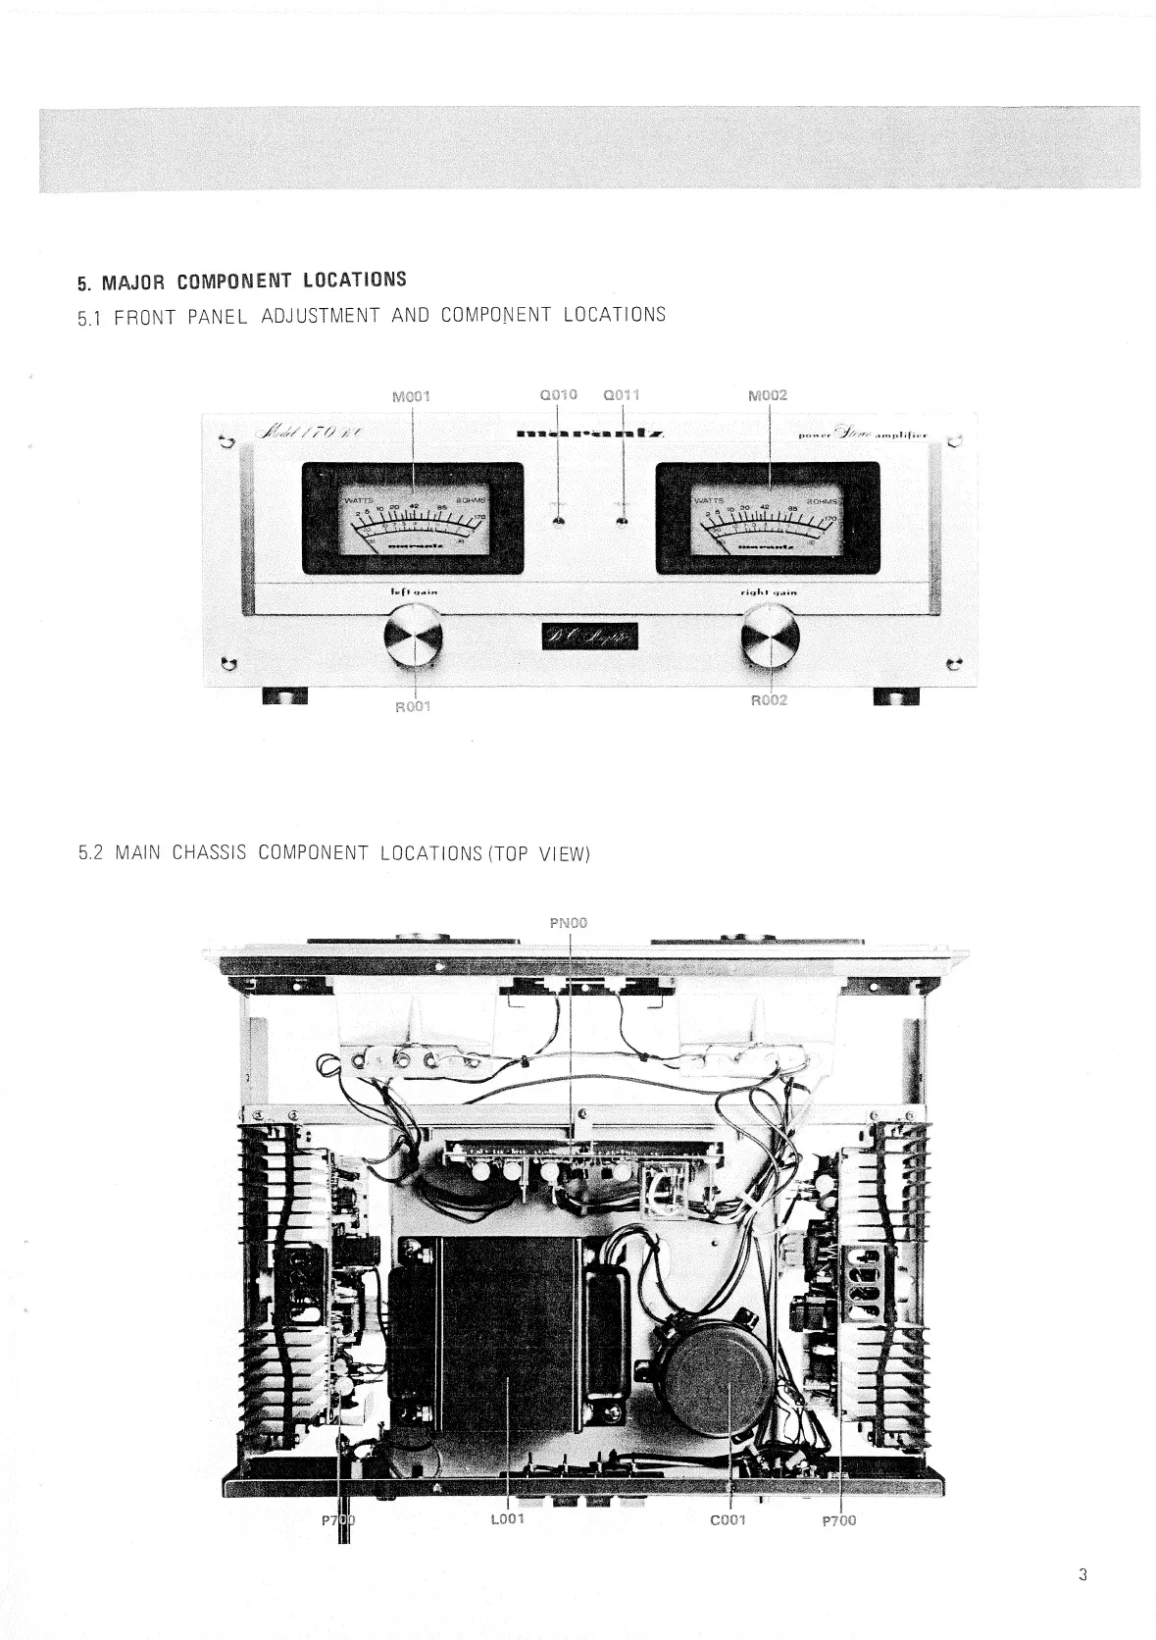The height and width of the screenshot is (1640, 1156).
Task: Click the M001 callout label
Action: pyautogui.click(x=411, y=397)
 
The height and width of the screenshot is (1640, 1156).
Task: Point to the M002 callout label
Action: pyautogui.click(x=767, y=396)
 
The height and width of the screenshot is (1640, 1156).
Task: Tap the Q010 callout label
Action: pyautogui.click(x=559, y=395)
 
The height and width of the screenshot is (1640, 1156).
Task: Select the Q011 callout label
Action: pyautogui.click(x=622, y=395)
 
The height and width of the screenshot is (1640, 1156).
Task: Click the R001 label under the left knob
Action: pyautogui.click(x=413, y=705)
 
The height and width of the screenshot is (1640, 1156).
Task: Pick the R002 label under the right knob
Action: pyautogui.click(x=769, y=700)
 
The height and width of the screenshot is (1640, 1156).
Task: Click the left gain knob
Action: pyautogui.click(x=414, y=637)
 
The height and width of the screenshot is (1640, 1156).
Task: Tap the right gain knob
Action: pyautogui.click(x=771, y=635)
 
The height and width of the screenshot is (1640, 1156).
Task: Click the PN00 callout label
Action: pyautogui.click(x=570, y=922)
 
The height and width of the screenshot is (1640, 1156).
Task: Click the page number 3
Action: pyautogui.click(x=1082, y=1576)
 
